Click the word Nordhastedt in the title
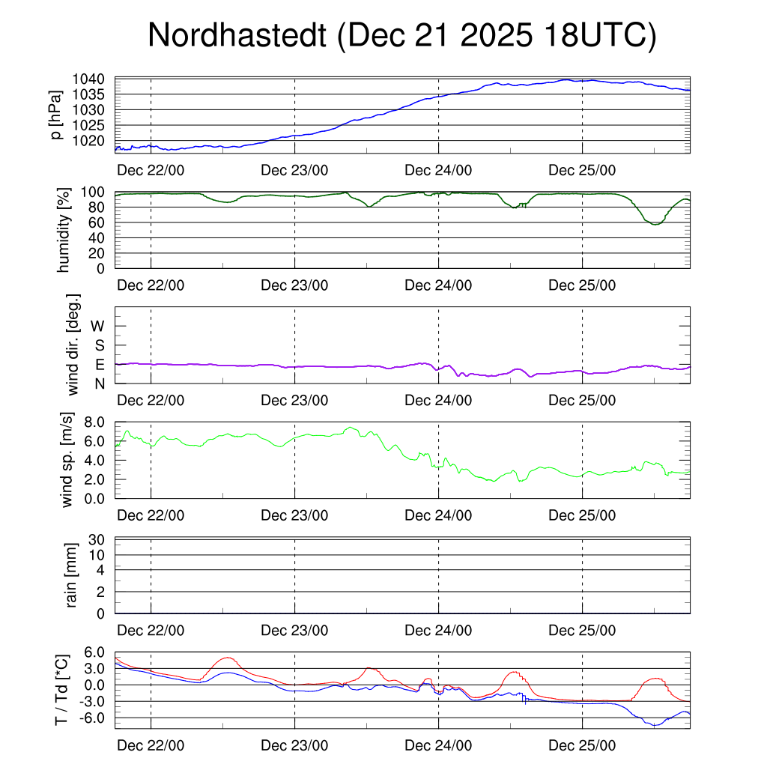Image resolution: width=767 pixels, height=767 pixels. [237, 36]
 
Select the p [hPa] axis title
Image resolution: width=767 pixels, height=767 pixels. [56, 115]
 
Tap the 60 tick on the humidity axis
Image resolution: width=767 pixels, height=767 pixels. [102, 222]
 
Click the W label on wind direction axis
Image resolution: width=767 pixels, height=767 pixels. [98, 326]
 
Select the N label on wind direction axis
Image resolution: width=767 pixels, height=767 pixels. [100, 383]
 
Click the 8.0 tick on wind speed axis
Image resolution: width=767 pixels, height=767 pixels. [94, 422]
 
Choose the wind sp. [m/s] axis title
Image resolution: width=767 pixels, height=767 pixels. [67, 459]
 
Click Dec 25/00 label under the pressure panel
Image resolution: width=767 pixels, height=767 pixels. [582, 170]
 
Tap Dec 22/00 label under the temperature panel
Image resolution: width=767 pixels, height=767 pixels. [151, 746]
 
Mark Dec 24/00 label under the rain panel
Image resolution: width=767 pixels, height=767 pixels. [438, 631]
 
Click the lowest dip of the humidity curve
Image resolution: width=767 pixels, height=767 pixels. [655, 224]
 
